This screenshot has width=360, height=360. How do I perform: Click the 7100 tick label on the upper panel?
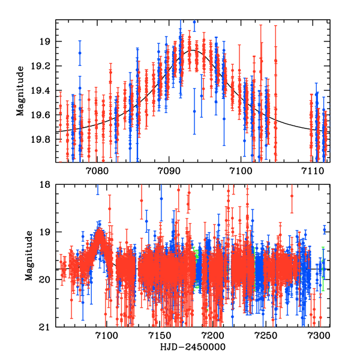coord(240,172)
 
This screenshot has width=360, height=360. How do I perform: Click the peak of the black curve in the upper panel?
coord(193,50)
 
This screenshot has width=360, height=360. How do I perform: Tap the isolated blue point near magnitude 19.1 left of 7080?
coord(80,53)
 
